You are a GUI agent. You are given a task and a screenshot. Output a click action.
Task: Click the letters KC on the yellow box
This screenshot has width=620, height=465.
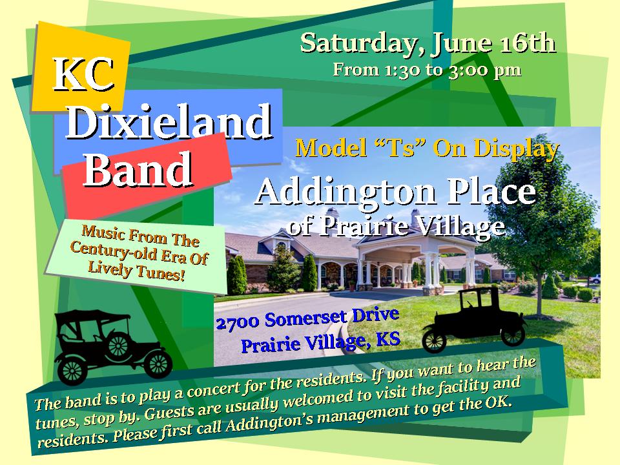coord(84,75)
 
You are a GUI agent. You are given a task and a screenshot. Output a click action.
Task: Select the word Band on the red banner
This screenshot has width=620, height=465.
coord(138,169)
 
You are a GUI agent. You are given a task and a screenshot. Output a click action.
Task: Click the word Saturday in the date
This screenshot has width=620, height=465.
coord(359,43)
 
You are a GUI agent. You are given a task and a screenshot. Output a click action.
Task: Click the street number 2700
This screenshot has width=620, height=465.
coord(238,323)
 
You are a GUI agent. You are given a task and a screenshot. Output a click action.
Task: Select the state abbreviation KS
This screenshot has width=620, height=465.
coord(388,339)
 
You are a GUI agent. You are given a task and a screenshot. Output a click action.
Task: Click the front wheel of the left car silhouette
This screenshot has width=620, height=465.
coord(158,364)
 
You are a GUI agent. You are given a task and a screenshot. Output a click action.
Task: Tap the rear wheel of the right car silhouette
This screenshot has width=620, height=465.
coord(434,340)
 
